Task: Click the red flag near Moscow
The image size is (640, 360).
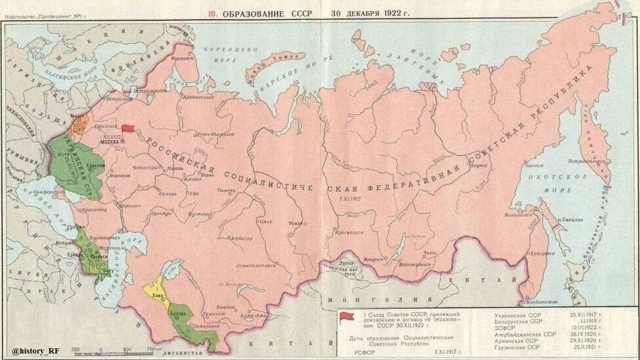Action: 127,130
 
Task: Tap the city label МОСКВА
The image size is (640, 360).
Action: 109,141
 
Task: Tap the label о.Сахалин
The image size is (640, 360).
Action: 572,221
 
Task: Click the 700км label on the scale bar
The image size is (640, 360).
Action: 153,348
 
